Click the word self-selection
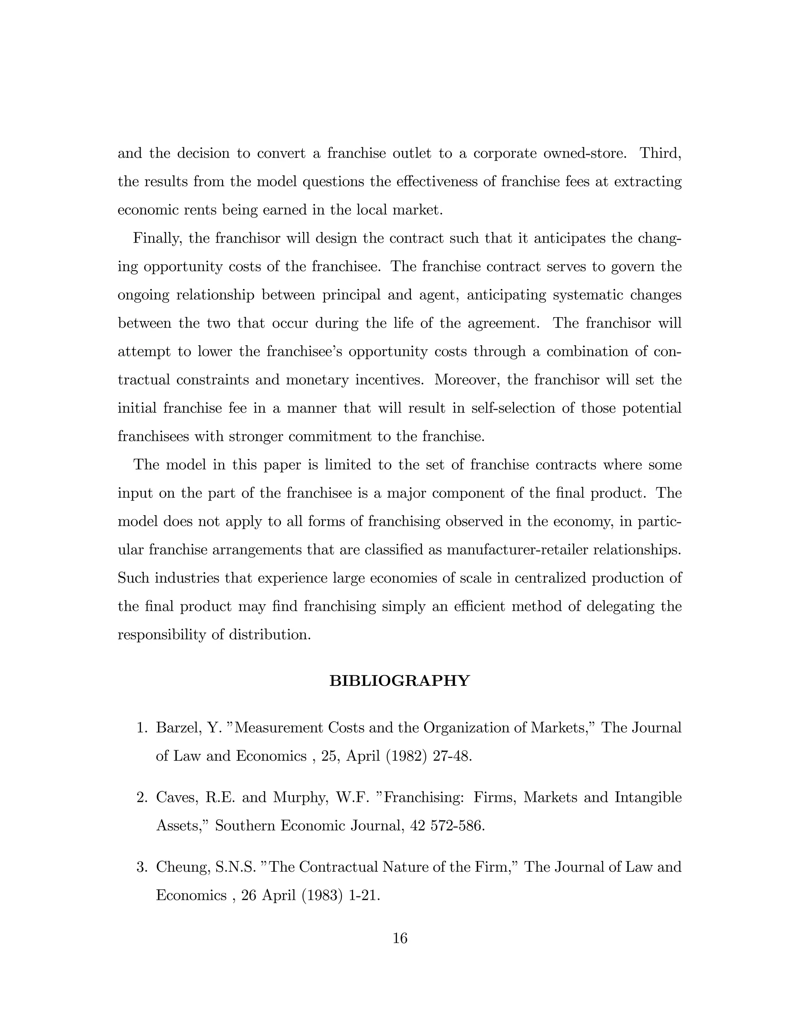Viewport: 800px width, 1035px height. (513, 408)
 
